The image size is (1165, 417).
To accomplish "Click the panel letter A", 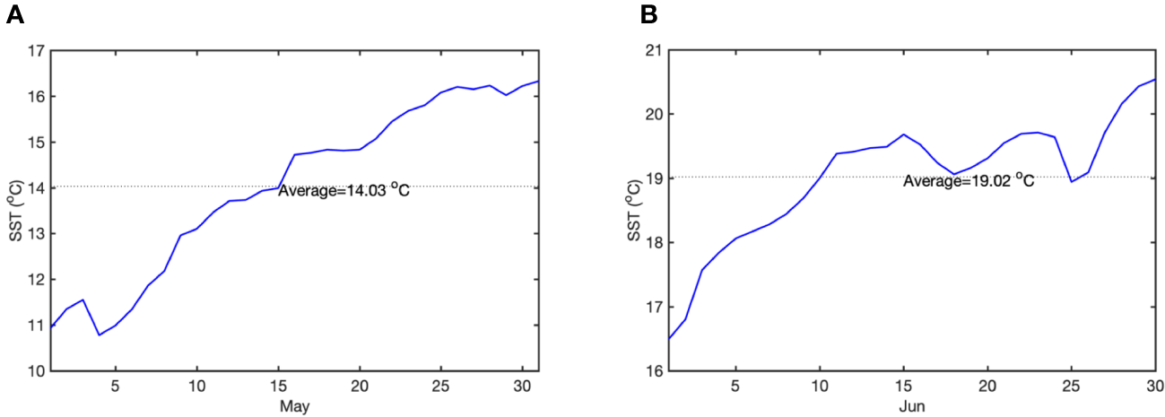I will (x=14, y=15).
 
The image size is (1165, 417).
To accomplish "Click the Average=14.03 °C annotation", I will (x=343, y=191).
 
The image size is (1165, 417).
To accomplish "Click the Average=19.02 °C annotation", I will (x=969, y=181).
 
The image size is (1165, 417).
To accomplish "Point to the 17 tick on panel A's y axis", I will (x=36, y=51).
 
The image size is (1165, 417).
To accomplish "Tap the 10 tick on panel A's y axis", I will (x=36, y=370).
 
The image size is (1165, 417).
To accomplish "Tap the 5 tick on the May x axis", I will (x=116, y=386).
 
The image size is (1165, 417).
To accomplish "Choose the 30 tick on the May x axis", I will (x=522, y=386).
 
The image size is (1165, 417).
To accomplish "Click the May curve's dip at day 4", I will (x=100, y=334).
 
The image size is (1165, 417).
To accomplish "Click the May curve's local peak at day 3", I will (x=83, y=300).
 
